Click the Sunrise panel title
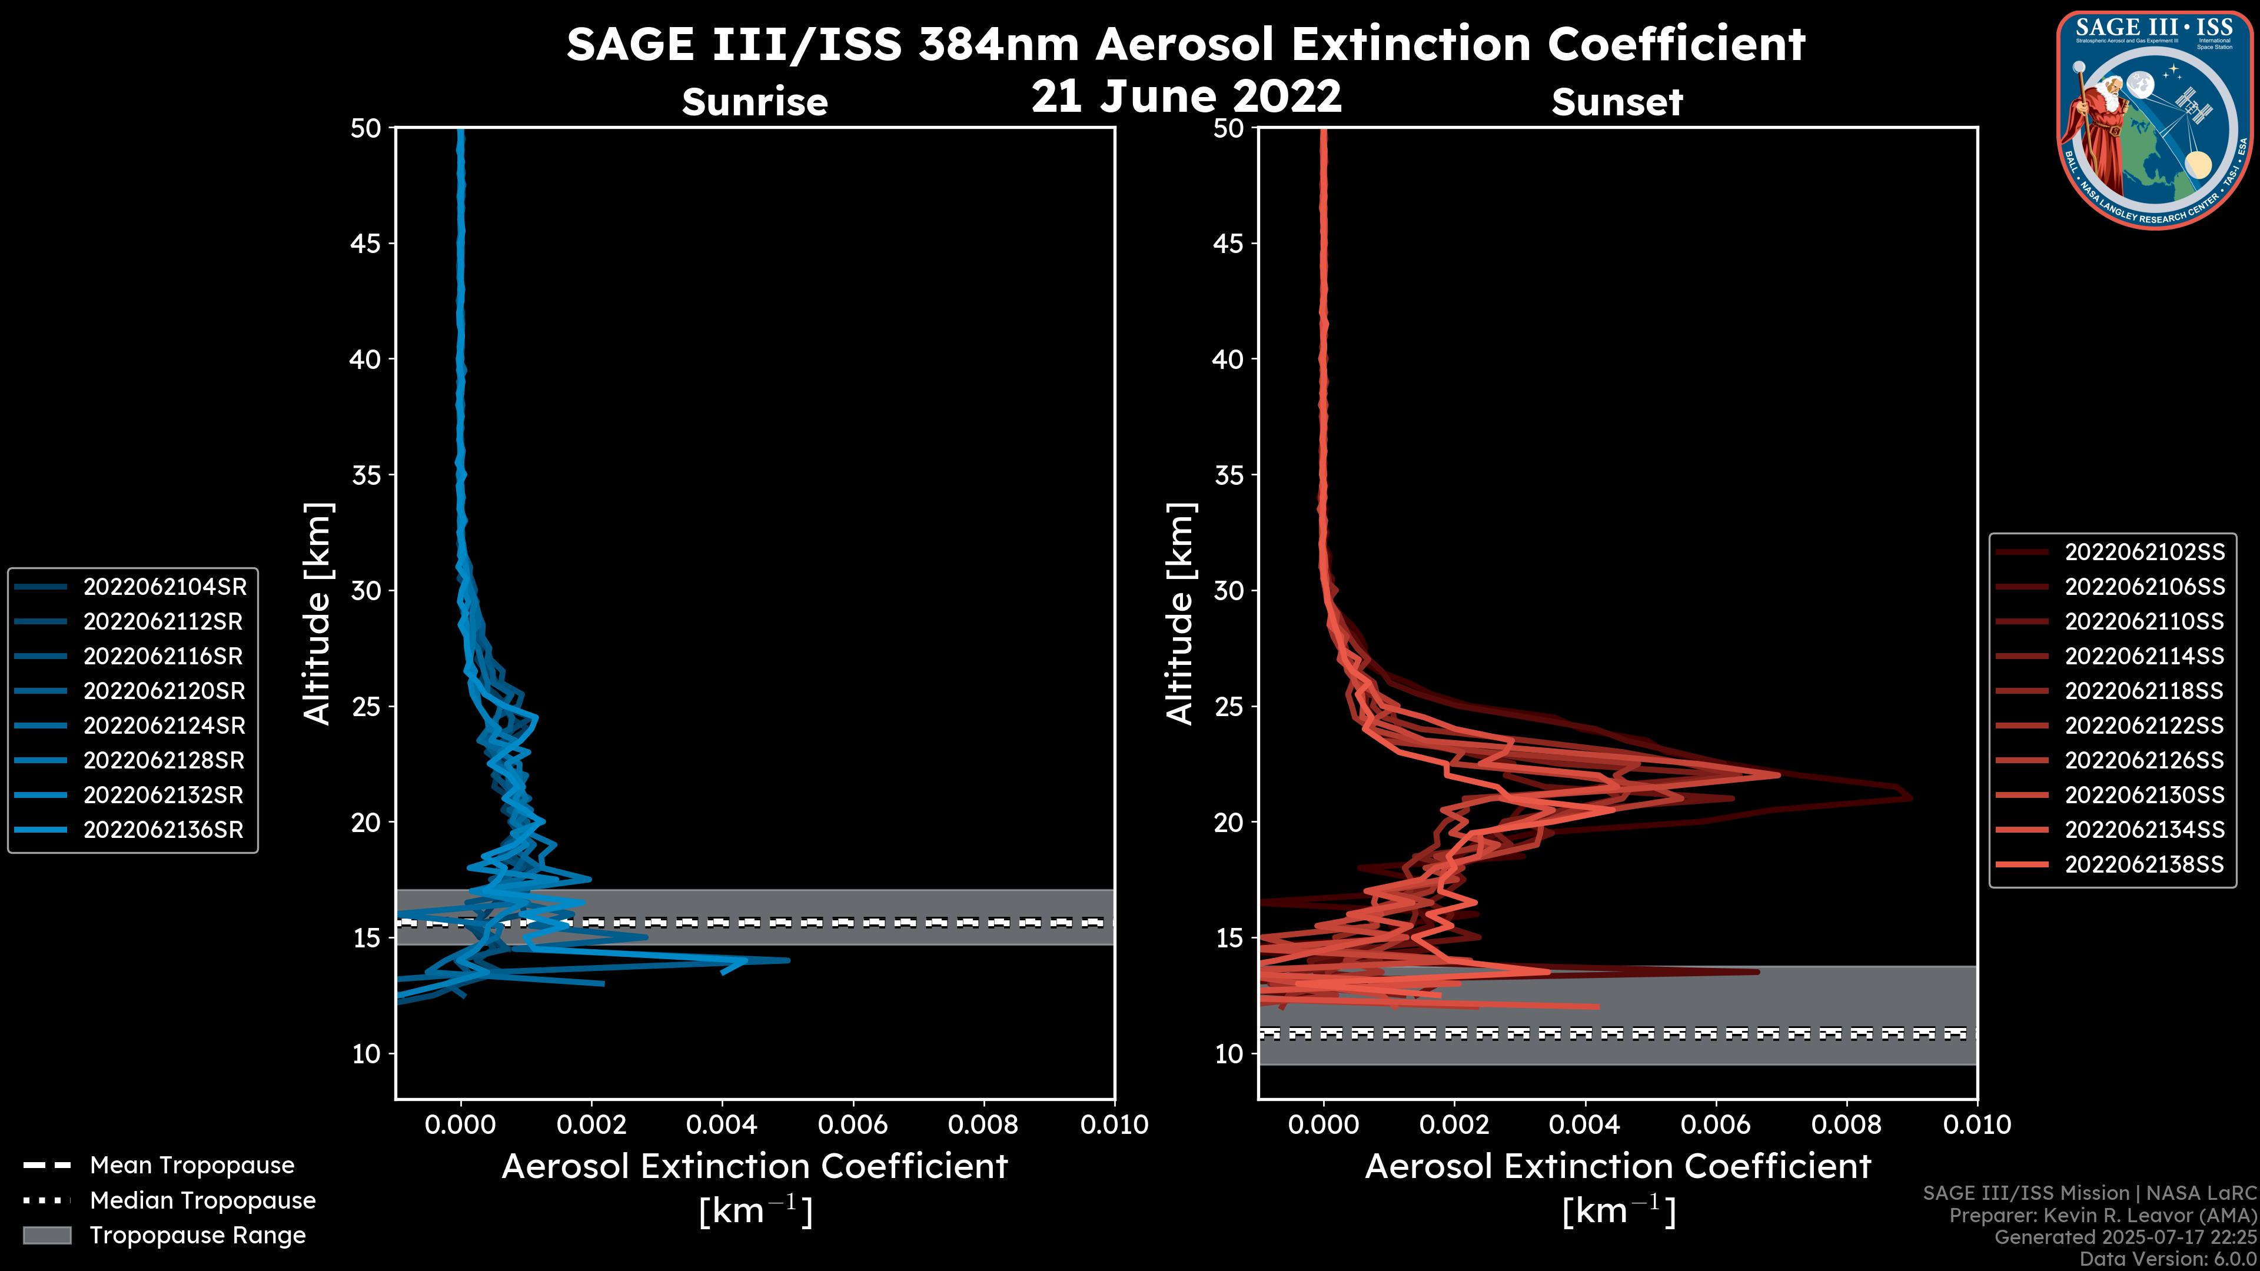click(x=755, y=102)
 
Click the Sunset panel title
click(x=1617, y=102)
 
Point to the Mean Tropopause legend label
click(x=192, y=1166)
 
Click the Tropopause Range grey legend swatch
click(x=46, y=1235)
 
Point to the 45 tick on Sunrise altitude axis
click(x=367, y=243)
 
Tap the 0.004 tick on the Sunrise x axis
click(x=722, y=1124)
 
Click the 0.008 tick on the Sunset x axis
click(x=1847, y=1124)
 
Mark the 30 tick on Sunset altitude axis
click(x=1229, y=590)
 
